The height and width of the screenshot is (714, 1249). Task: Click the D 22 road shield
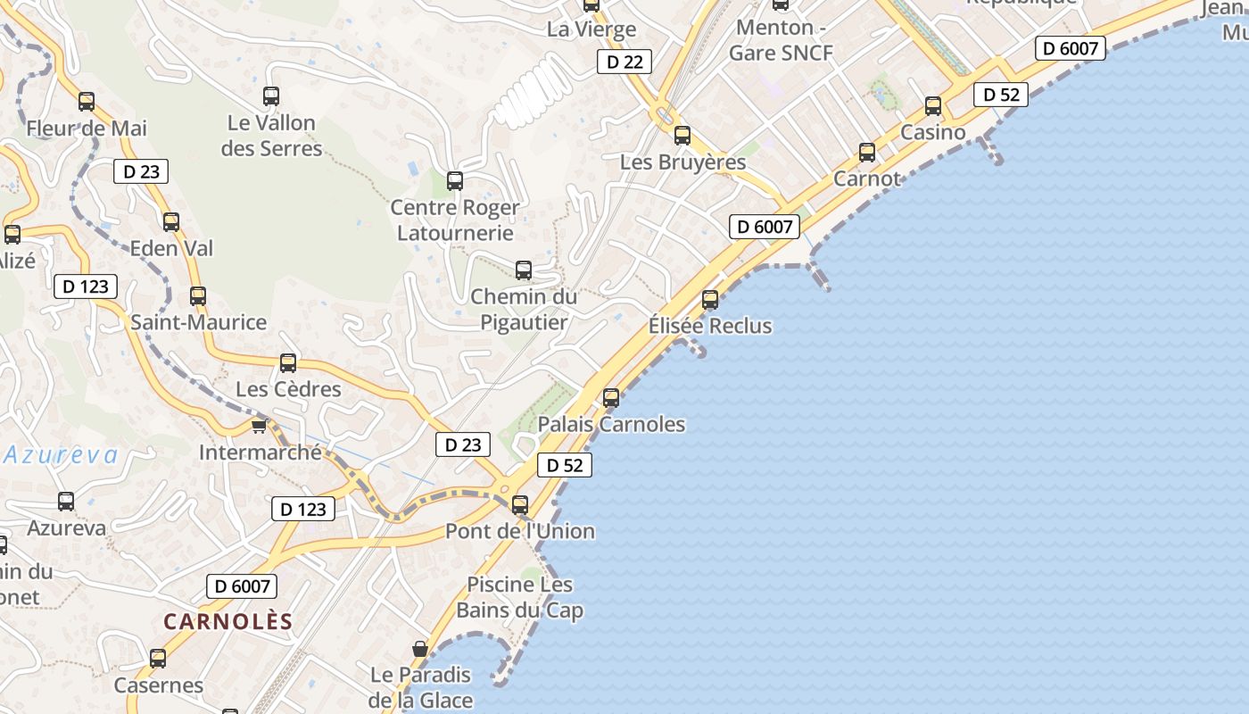pos(624,62)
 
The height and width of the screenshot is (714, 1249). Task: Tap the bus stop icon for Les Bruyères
pos(682,136)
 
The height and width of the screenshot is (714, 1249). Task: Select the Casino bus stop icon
pos(933,106)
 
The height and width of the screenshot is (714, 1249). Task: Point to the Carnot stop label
pos(867,178)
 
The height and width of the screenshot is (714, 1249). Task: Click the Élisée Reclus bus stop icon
pos(710,300)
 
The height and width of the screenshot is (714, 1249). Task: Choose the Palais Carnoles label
pos(611,424)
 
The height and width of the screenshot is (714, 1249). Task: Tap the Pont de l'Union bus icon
pos(520,505)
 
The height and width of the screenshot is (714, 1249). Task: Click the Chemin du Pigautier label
pos(524,309)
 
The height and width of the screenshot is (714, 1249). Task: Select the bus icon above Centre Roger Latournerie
pos(455,181)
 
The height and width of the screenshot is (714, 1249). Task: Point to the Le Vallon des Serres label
pos(271,136)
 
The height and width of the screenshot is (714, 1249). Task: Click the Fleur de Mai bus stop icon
pos(87,102)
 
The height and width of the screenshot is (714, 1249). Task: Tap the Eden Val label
pos(172,248)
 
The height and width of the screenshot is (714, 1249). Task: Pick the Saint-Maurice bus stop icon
pos(198,296)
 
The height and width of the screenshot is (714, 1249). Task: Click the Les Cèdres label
pos(288,389)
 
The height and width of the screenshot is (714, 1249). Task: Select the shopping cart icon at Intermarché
pos(259,426)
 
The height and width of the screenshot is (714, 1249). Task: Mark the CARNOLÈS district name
pos(228,621)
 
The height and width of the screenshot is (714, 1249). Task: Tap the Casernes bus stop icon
pos(158,659)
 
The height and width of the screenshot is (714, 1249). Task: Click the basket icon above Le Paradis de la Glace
pos(420,649)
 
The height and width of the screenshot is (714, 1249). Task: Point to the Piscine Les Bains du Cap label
pos(520,597)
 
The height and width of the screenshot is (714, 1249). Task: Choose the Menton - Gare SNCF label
pos(781,40)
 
